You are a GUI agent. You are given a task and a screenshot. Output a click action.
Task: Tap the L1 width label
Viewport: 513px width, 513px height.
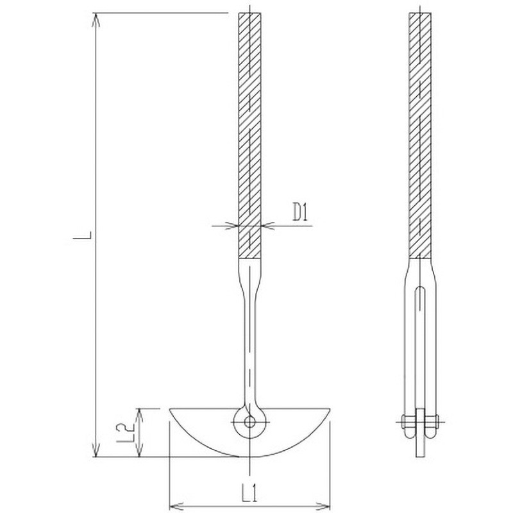coord(250,493)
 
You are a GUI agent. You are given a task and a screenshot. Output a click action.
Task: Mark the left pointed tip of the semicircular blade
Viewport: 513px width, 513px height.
coord(171,410)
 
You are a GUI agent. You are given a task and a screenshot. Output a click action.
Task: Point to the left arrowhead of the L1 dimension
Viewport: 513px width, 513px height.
coord(173,503)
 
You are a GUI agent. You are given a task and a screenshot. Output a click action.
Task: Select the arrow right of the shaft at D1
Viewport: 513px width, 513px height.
coord(268,225)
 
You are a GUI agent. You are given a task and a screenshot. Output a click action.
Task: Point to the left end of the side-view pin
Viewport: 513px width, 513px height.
coord(403,421)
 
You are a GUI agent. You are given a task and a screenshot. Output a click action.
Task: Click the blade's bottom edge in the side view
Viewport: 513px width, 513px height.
coord(421,456)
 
